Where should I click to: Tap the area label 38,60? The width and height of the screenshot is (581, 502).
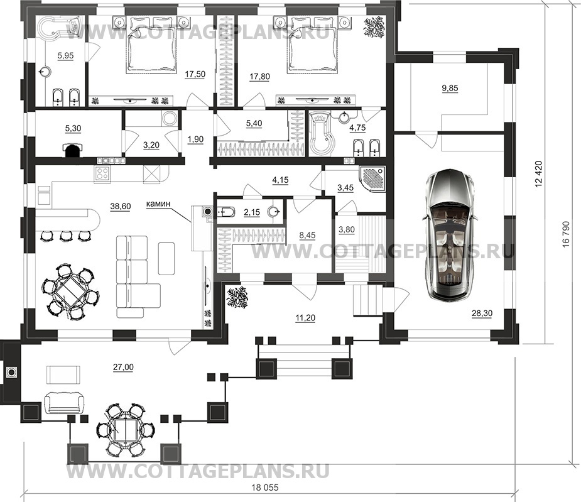click(121, 207)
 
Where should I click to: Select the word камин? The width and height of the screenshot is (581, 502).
click(158, 204)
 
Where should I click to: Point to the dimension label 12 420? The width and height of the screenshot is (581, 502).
click(539, 174)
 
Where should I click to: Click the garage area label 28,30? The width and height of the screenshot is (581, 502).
click(482, 314)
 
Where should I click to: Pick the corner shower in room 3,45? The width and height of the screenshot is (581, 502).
click(372, 180)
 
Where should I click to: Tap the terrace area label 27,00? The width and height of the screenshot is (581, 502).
click(123, 367)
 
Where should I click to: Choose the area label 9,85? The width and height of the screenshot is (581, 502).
click(450, 88)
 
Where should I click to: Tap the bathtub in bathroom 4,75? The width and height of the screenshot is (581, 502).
click(321, 133)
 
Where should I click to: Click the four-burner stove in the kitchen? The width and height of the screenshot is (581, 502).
click(102, 173)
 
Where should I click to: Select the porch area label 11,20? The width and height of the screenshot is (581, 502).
click(305, 317)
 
